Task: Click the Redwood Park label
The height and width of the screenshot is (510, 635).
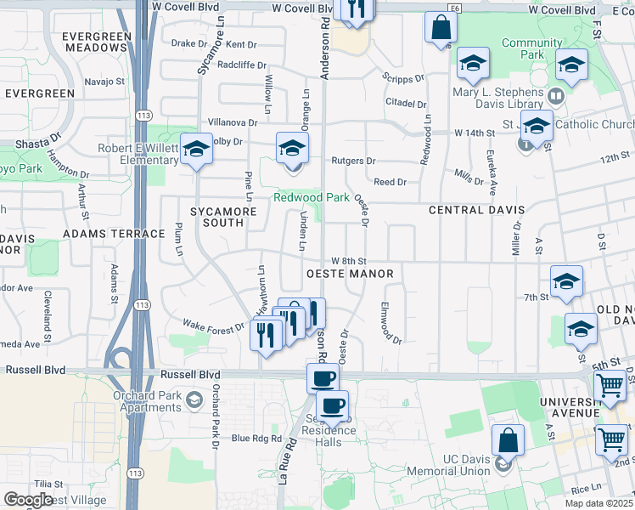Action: point(311,197)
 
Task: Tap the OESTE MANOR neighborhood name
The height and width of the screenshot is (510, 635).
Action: point(349,274)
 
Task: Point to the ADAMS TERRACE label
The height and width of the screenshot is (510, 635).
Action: point(114,233)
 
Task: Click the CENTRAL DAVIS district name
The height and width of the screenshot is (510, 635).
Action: point(475,209)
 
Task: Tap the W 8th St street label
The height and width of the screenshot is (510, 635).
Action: point(348,261)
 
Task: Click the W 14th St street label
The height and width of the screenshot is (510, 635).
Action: point(474,133)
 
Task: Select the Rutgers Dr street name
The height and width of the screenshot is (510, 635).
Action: point(353,161)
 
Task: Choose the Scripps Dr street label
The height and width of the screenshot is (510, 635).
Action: point(402,77)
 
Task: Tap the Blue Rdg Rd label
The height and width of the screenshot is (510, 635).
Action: point(256,439)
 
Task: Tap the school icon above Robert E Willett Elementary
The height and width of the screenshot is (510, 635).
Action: point(196,150)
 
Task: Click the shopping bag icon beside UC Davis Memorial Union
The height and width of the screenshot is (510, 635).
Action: point(508,440)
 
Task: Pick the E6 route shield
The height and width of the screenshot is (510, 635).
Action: point(457,8)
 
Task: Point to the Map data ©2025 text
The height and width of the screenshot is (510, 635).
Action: point(599,503)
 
